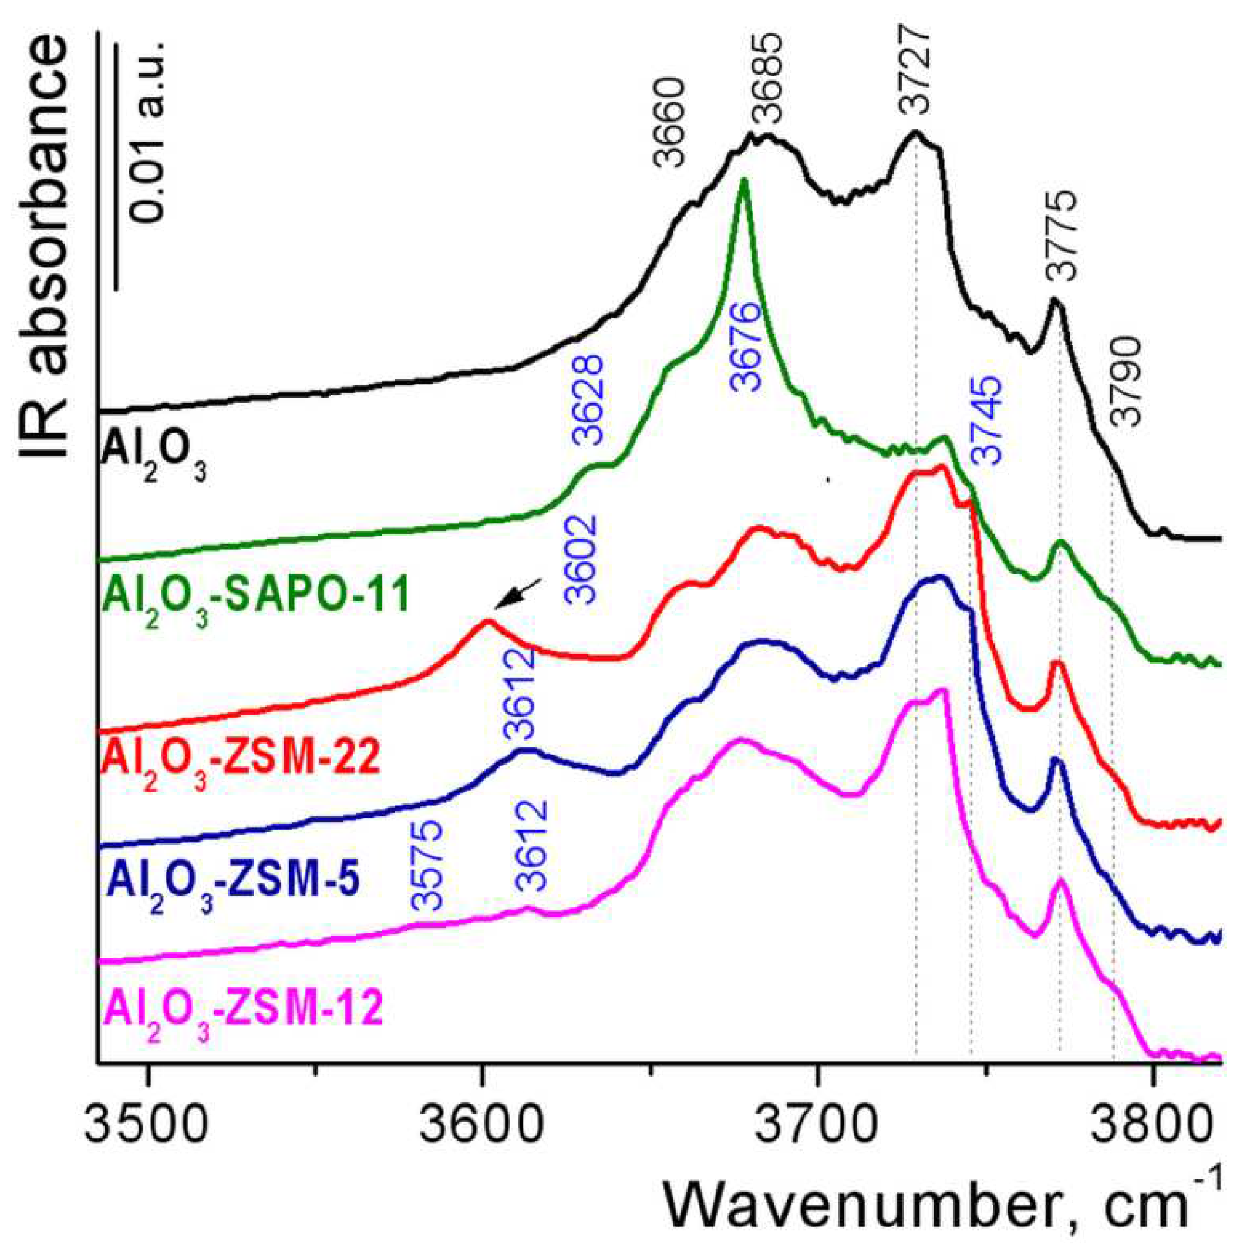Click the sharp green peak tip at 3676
tap(743, 181)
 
